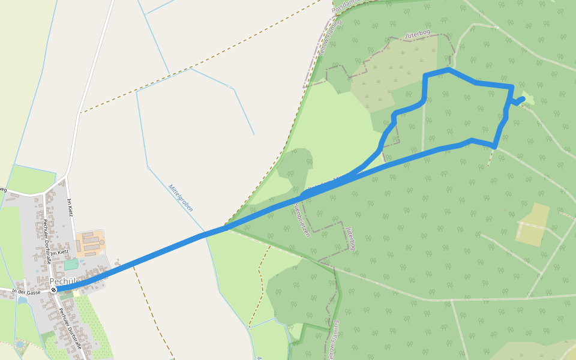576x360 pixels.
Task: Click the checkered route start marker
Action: (x=54, y=290)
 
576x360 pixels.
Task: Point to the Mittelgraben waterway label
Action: (x=181, y=197)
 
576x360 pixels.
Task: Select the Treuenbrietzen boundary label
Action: (x=302, y=220)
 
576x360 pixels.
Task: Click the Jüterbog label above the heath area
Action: (x=419, y=35)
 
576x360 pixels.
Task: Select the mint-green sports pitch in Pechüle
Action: (x=71, y=264)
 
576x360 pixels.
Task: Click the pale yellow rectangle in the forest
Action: (x=532, y=224)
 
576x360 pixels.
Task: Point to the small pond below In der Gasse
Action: (x=23, y=300)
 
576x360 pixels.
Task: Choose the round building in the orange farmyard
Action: (x=102, y=243)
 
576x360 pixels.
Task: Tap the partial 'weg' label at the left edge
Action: (x=2, y=190)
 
